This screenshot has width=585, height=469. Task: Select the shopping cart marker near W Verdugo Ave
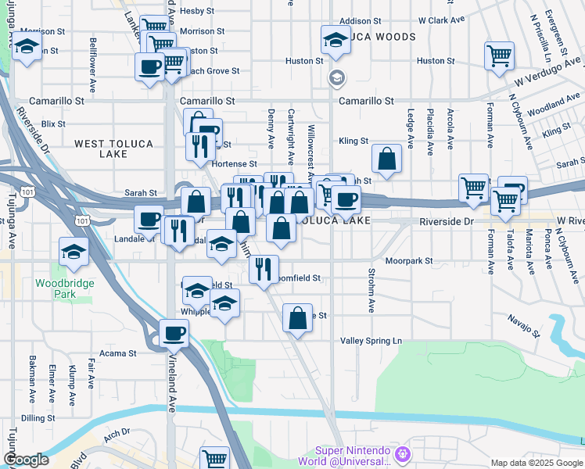(498, 56)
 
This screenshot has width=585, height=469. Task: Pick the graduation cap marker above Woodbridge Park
(74, 252)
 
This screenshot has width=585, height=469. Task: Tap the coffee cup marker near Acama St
(174, 334)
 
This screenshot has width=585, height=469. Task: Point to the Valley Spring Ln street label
(371, 341)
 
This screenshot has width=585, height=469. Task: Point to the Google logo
(26, 460)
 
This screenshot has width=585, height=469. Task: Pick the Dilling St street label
(38, 418)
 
